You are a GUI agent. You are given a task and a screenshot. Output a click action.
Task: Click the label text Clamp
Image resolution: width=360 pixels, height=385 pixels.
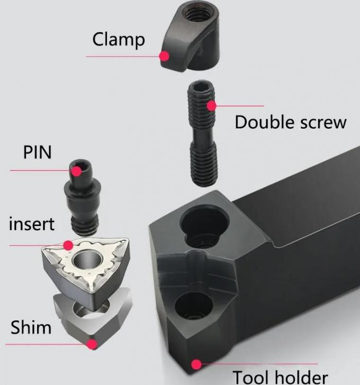click(x=118, y=39)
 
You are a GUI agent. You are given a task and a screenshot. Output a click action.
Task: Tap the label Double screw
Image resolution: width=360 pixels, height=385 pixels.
click(x=290, y=122)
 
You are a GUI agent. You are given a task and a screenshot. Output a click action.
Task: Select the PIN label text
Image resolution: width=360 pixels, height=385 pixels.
click(x=37, y=152)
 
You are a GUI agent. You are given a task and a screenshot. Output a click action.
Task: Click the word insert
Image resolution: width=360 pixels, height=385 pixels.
click(x=32, y=223)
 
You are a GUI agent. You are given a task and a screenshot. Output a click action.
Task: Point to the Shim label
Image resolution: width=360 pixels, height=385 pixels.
click(x=31, y=327)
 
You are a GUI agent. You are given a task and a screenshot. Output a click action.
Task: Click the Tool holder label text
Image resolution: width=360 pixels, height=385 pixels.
click(x=280, y=377)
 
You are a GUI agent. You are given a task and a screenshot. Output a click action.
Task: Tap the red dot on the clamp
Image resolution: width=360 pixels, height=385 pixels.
click(x=165, y=55)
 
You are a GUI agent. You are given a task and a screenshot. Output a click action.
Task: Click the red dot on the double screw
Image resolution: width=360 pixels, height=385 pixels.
click(x=211, y=105)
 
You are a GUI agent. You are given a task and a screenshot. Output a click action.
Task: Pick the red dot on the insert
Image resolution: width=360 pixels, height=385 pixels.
click(x=68, y=245)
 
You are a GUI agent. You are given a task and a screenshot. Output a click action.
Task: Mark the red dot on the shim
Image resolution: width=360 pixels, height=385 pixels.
click(x=92, y=344)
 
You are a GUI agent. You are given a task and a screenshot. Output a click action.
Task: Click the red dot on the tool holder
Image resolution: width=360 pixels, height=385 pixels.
click(x=196, y=364)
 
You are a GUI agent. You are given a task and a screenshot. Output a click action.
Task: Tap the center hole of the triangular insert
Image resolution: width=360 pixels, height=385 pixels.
click(x=86, y=261)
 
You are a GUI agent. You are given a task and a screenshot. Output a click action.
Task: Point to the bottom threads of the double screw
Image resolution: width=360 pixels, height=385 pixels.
click(x=203, y=169)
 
